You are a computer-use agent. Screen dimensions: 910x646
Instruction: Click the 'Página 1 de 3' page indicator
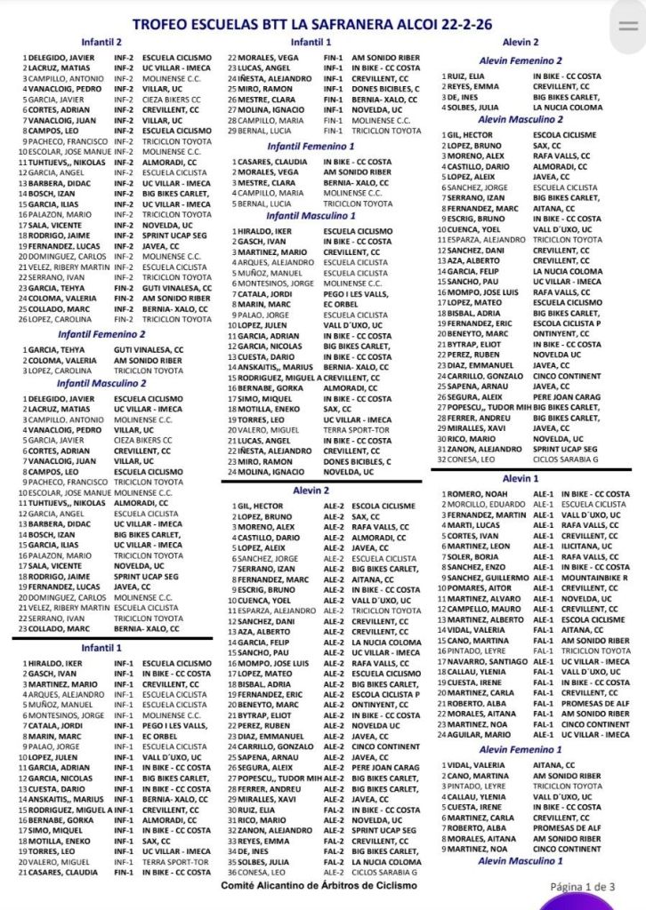click(x=582, y=886)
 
